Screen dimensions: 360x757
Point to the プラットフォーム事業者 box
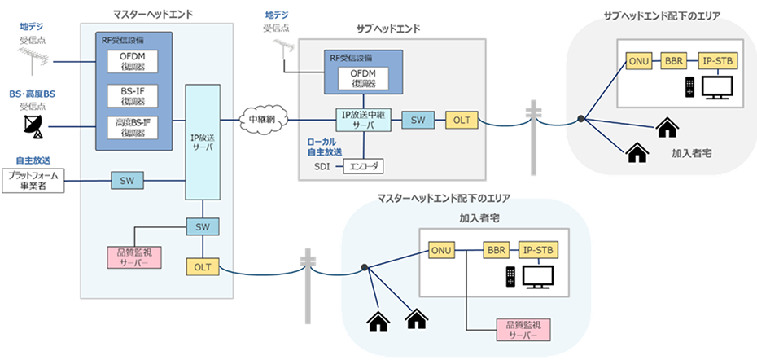[x=32, y=181]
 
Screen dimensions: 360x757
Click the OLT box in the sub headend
[x=462, y=121]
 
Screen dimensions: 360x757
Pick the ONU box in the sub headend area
[x=638, y=61]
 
